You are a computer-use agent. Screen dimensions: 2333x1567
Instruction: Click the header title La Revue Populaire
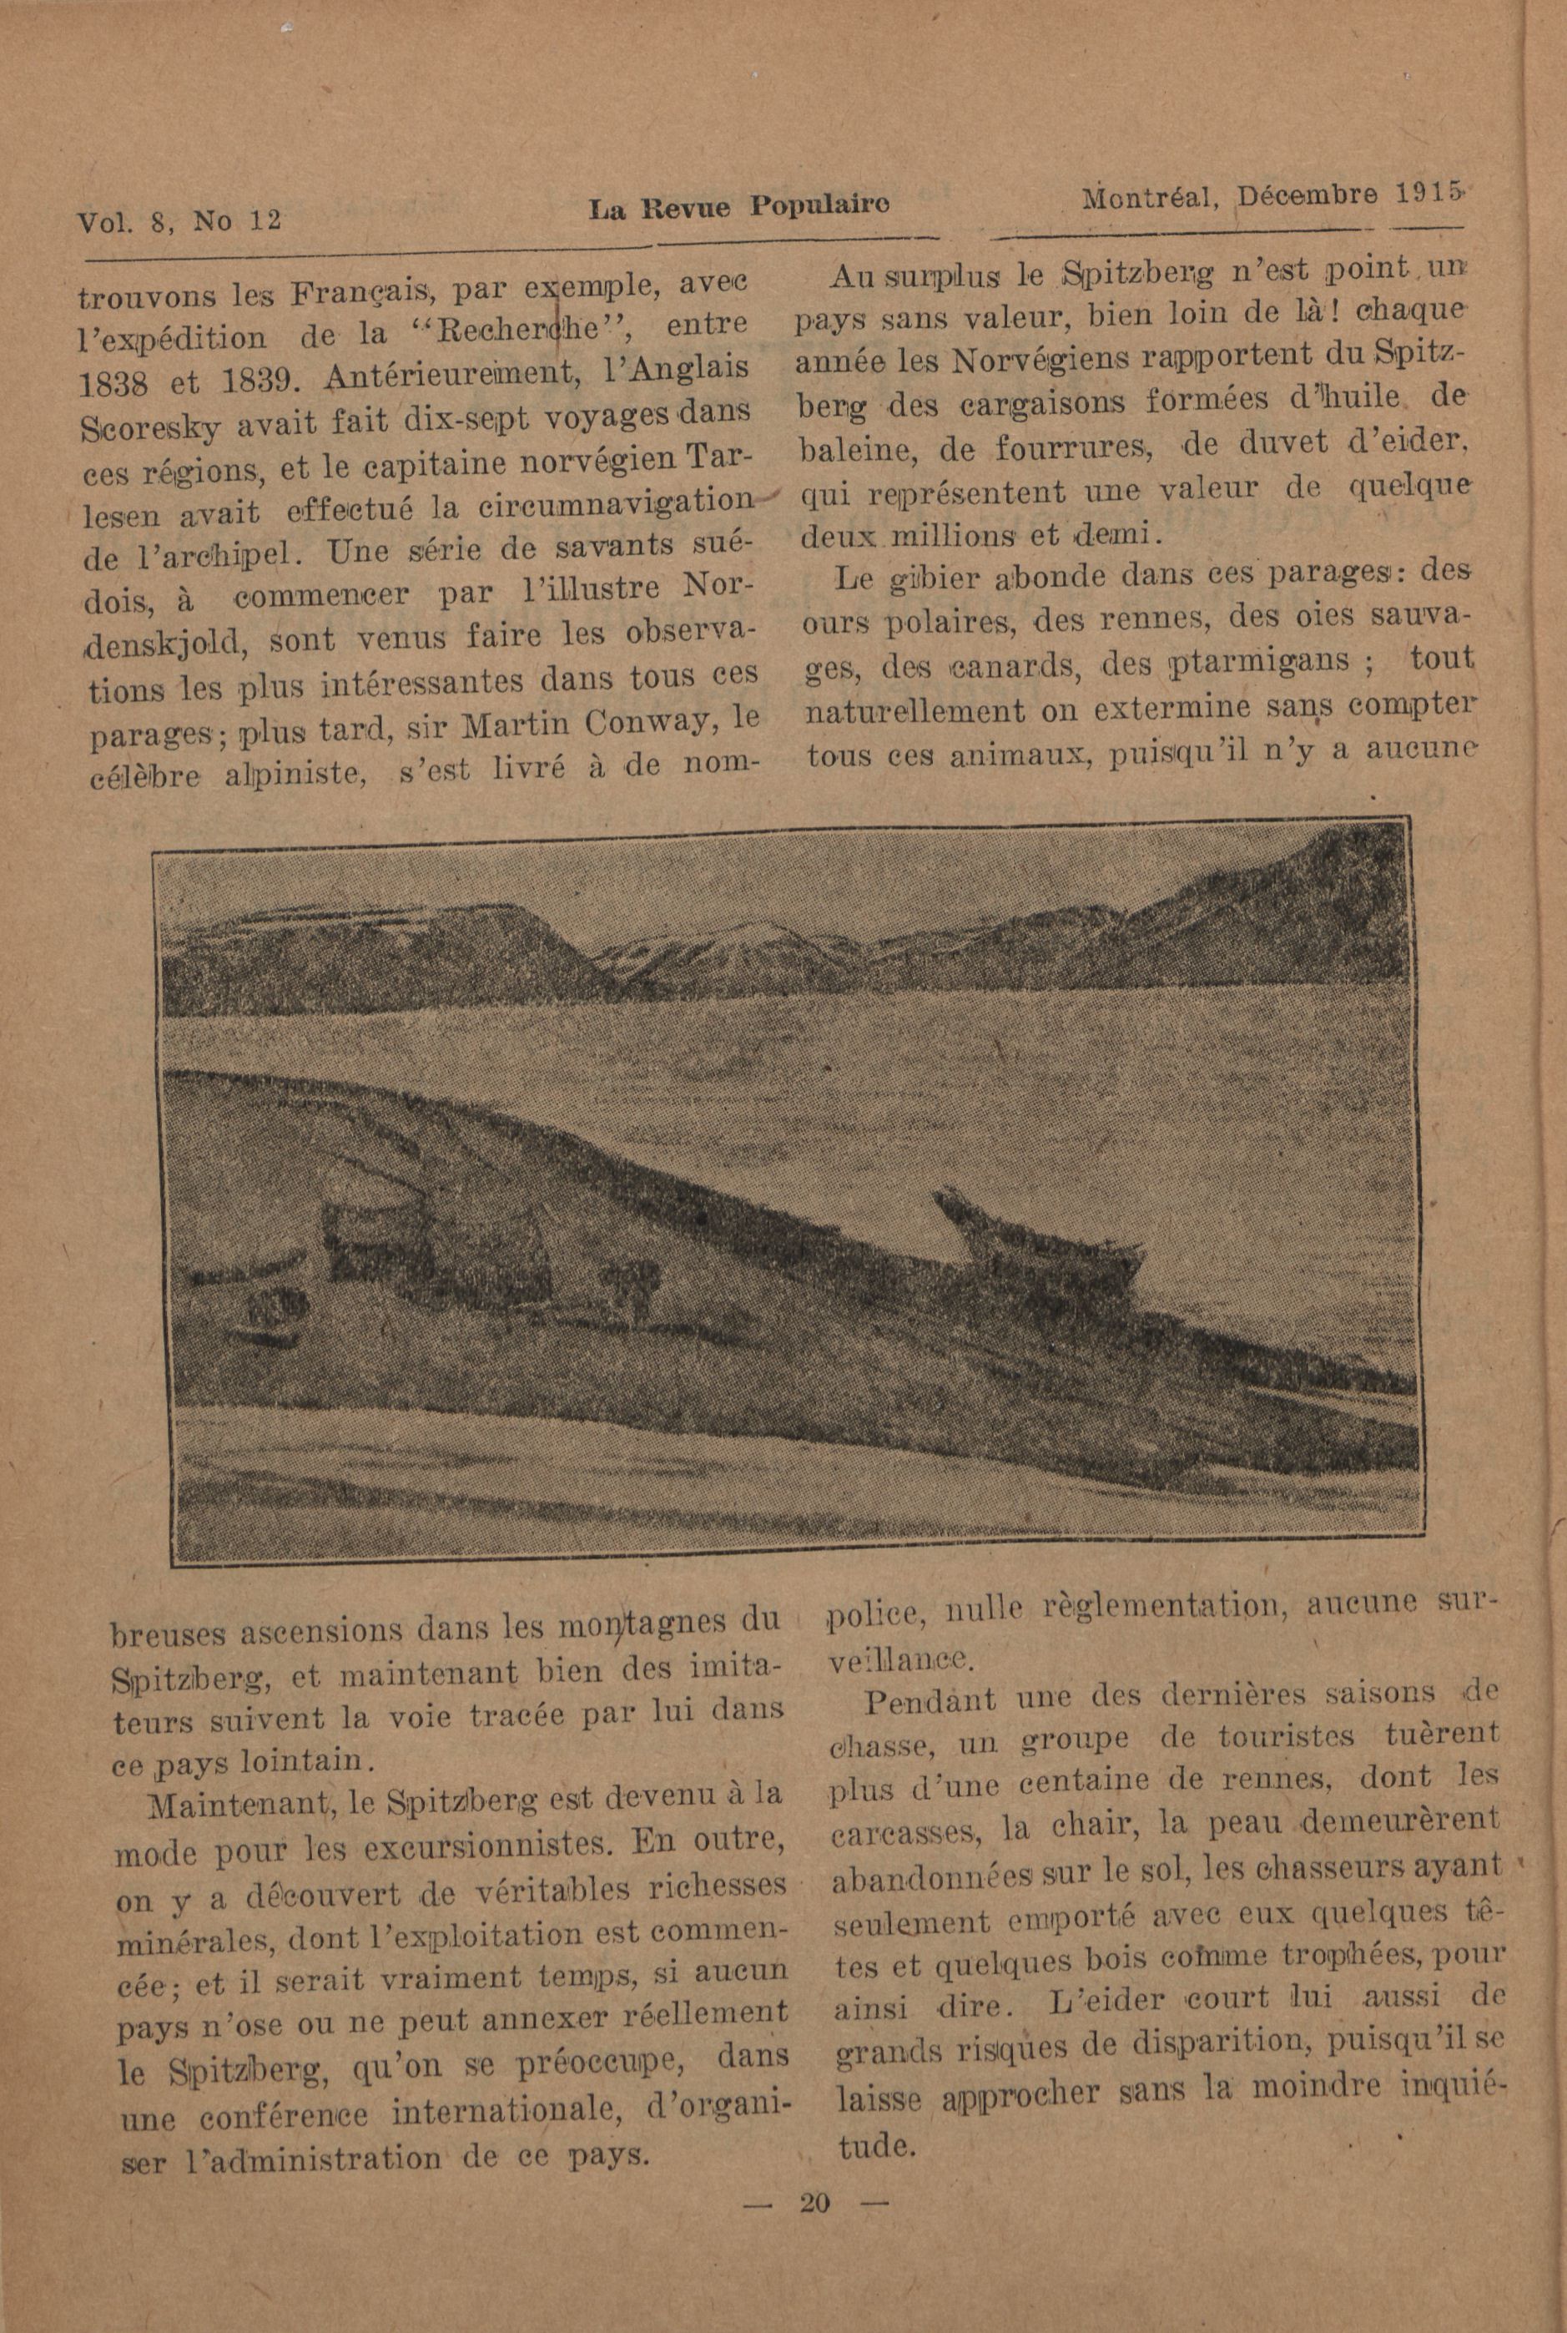(738, 207)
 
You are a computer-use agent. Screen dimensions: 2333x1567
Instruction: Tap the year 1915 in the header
(1427, 192)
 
